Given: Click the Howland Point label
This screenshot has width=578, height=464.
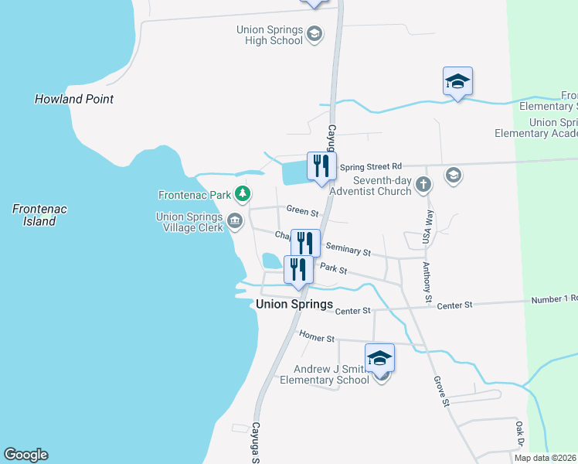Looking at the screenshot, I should pos(74,99).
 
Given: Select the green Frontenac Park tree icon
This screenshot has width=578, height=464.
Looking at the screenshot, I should pos(243,193).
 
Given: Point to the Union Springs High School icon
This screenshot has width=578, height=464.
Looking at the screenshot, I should pos(314,34).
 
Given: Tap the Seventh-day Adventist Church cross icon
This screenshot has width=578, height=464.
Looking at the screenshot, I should pos(422,184).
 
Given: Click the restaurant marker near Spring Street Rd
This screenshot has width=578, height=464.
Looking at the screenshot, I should pos(321,166).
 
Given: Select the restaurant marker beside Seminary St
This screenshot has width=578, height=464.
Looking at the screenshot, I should pos(305,244).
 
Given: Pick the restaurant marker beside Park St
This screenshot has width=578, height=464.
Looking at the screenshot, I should pos(298,270).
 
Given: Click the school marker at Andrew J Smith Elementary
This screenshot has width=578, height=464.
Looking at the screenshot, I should pos(379,359).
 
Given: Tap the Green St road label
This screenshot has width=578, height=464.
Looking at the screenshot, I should pos(302,210).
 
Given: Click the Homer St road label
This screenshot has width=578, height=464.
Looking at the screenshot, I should pos(318,339).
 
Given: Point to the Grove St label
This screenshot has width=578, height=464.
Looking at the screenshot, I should pos(440,391).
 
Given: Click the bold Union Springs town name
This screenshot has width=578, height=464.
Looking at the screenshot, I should pos(294,305).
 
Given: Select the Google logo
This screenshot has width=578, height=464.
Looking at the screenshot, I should pos(25,455).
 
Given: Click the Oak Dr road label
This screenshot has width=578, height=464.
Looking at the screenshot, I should pos(519,435).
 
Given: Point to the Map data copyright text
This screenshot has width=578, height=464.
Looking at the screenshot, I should pos(545,458).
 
